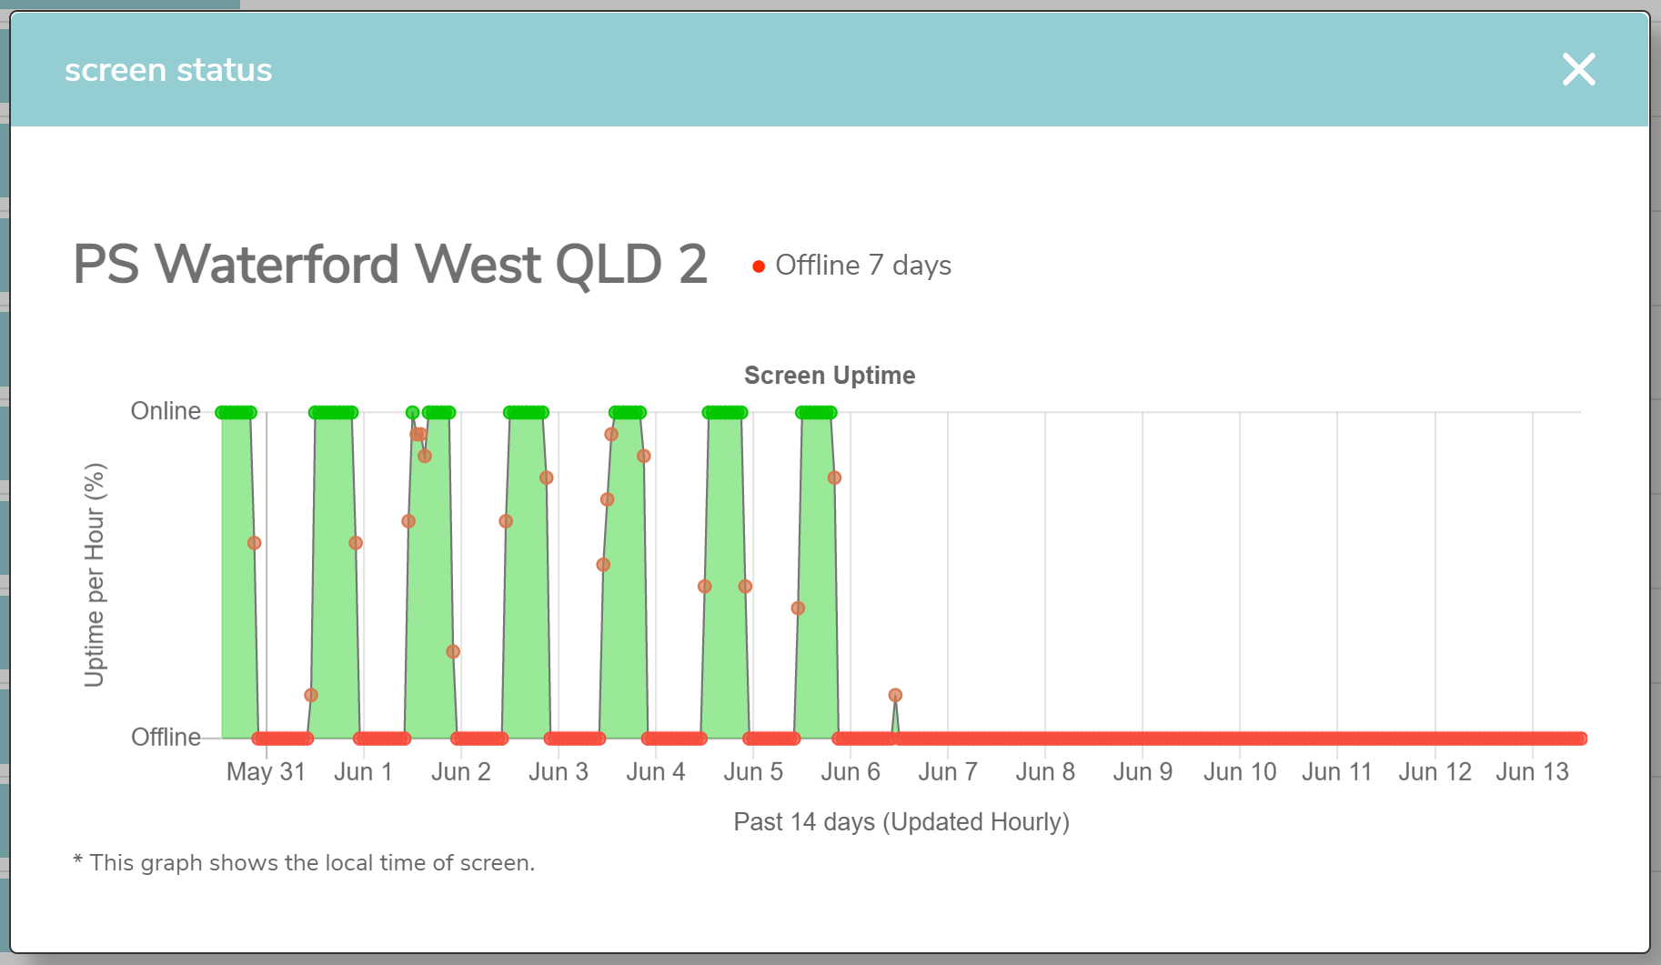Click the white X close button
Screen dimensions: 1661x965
click(1578, 69)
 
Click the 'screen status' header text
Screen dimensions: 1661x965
click(168, 70)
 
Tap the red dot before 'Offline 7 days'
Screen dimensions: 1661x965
click(759, 266)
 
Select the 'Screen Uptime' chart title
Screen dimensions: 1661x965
click(830, 376)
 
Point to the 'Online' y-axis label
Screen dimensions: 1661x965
click(166, 411)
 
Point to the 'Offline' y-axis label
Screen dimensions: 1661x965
click(166, 737)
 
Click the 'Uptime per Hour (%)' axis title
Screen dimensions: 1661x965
click(95, 575)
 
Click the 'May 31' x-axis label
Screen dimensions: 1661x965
click(266, 772)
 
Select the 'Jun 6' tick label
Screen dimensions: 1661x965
click(851, 772)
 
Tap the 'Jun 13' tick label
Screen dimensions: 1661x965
click(1533, 772)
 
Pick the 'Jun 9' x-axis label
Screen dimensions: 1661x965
click(1143, 772)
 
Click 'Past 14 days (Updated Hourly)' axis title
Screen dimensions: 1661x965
click(901, 822)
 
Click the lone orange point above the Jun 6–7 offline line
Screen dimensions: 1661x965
click(895, 695)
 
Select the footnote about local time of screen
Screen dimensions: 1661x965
click(304, 862)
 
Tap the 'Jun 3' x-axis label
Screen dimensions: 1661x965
click(559, 772)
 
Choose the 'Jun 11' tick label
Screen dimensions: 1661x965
click(1336, 772)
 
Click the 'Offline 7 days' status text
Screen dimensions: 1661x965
click(863, 266)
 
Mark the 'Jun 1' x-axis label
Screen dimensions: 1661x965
click(363, 772)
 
